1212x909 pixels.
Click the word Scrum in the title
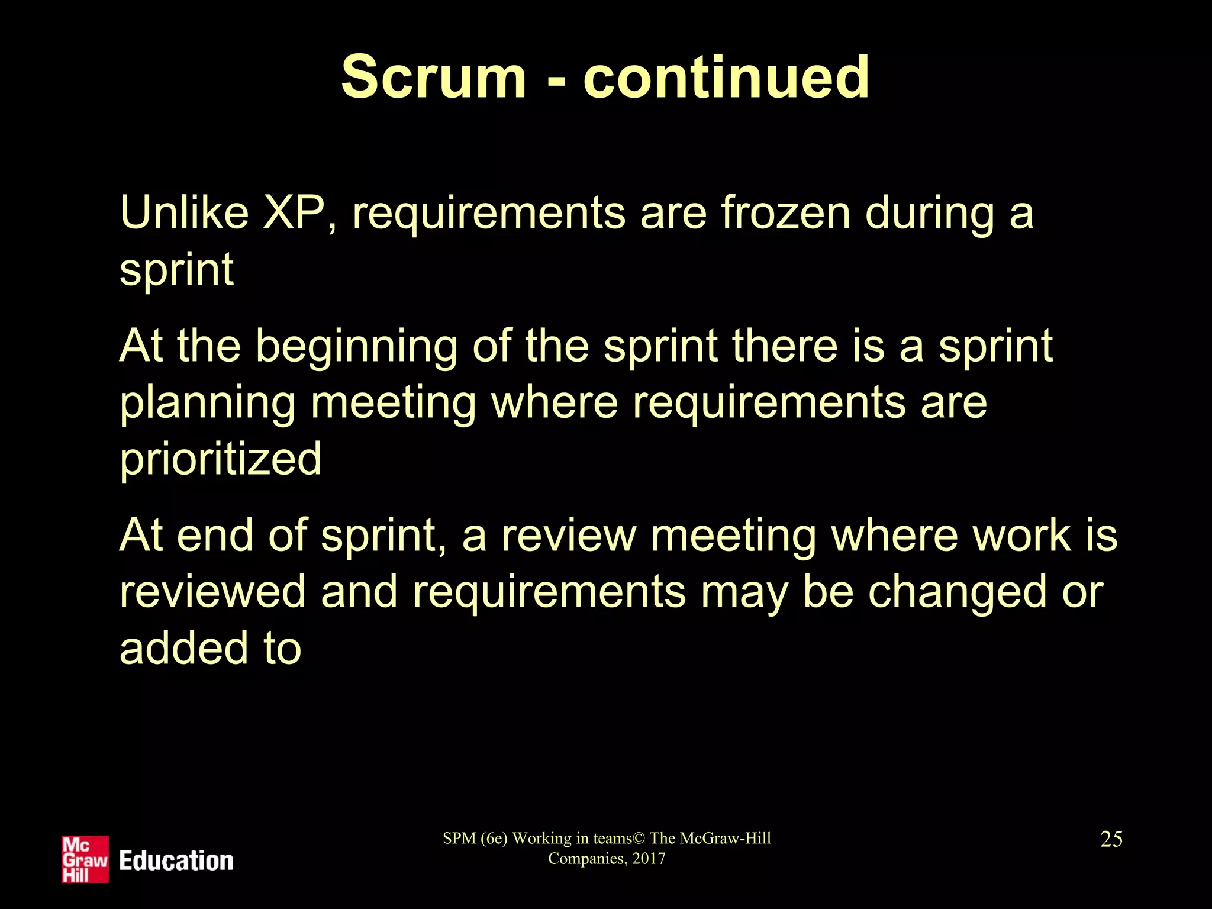(x=433, y=77)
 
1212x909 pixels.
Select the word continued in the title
(x=726, y=77)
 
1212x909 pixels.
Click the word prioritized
(x=220, y=459)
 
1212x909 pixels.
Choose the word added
(x=182, y=647)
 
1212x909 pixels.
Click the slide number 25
(x=1111, y=839)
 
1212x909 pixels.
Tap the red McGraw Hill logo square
(x=85, y=859)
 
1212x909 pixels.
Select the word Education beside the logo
(x=176, y=860)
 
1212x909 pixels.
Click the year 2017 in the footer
(x=649, y=859)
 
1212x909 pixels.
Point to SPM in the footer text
(x=459, y=839)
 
